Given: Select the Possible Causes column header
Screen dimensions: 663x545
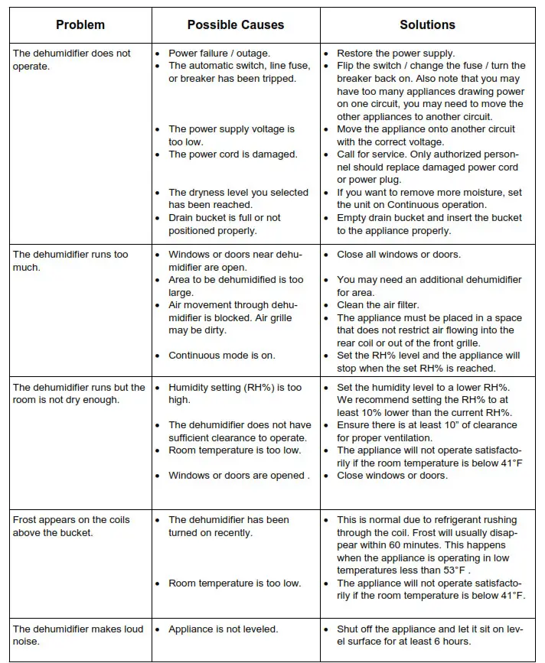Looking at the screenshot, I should (235, 25).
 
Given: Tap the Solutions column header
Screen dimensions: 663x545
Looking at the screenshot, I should (427, 25).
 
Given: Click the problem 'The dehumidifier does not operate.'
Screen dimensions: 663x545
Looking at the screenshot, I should (71, 60).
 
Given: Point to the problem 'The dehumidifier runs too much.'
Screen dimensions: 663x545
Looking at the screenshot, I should (70, 260).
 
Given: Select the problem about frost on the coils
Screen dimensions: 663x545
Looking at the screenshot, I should (71, 525).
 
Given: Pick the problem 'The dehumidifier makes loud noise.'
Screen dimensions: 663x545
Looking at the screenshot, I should (77, 635).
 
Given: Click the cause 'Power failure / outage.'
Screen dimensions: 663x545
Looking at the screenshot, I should (218, 54).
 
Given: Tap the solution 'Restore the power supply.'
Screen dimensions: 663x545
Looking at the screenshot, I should (396, 54).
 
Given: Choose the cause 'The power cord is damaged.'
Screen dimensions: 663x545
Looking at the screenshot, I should (233, 154).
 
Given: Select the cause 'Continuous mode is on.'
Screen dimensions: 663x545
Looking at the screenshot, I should (222, 356).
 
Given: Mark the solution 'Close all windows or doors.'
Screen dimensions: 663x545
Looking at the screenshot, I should (399, 255).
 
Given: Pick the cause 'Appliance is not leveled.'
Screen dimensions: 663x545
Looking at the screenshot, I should (224, 629).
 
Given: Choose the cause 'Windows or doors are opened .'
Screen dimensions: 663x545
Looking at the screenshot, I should (239, 476).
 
